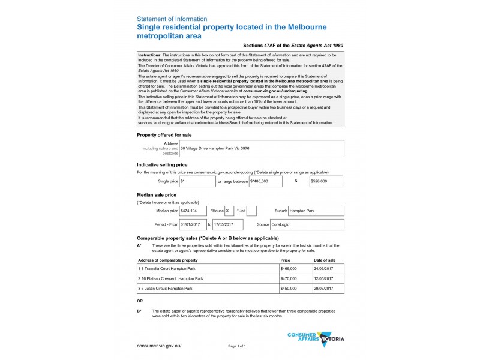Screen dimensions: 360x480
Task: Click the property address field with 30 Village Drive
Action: pos(258,148)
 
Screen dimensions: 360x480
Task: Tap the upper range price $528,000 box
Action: pos(326,181)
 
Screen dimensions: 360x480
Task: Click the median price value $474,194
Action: pos(193,211)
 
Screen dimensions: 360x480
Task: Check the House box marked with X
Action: pos(230,211)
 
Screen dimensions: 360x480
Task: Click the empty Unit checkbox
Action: pos(251,211)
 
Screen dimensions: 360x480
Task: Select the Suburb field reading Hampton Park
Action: pos(316,211)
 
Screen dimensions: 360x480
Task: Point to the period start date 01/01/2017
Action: pos(193,224)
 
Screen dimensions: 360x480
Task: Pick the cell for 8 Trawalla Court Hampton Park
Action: pos(208,269)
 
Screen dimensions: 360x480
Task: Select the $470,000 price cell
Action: pos(295,278)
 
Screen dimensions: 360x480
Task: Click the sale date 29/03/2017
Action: pos(328,289)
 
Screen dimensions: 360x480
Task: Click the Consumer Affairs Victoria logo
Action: pos(316,338)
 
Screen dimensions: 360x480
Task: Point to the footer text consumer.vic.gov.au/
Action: pos(159,346)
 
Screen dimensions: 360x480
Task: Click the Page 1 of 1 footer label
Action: pos(237,347)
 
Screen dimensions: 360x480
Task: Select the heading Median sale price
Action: pos(157,195)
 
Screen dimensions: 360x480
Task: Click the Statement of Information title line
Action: pos(172,19)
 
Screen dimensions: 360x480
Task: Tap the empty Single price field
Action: pos(197,181)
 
